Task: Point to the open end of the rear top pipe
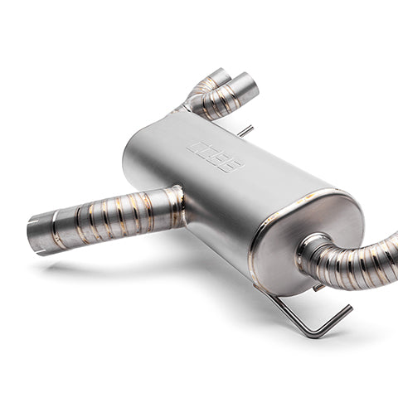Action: pyautogui.click(x=218, y=76)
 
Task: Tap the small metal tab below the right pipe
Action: pyautogui.click(x=318, y=287)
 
